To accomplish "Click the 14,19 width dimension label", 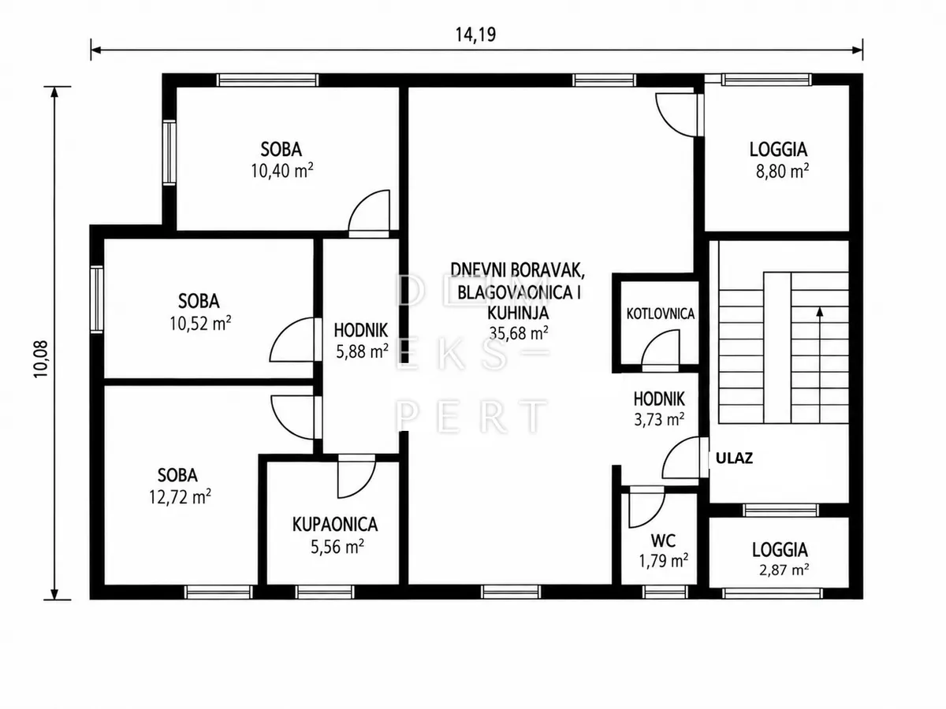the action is click(476, 35).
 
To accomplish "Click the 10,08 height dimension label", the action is click(41, 359).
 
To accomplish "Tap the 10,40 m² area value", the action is click(282, 170).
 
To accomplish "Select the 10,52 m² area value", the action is click(200, 323).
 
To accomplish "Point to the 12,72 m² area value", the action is click(180, 497).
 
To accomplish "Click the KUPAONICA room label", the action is click(335, 525).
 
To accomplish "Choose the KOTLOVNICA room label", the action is click(661, 314).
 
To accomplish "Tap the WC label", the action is click(663, 540).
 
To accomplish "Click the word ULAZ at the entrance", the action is click(735, 458).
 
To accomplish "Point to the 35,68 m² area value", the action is click(519, 332).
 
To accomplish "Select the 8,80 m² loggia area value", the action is click(782, 170).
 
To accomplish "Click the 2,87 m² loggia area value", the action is click(784, 570).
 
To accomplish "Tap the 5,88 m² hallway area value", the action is click(362, 351).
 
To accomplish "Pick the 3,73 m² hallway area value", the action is click(659, 419).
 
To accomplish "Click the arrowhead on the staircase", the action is click(820, 311).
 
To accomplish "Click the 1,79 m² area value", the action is click(663, 561).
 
